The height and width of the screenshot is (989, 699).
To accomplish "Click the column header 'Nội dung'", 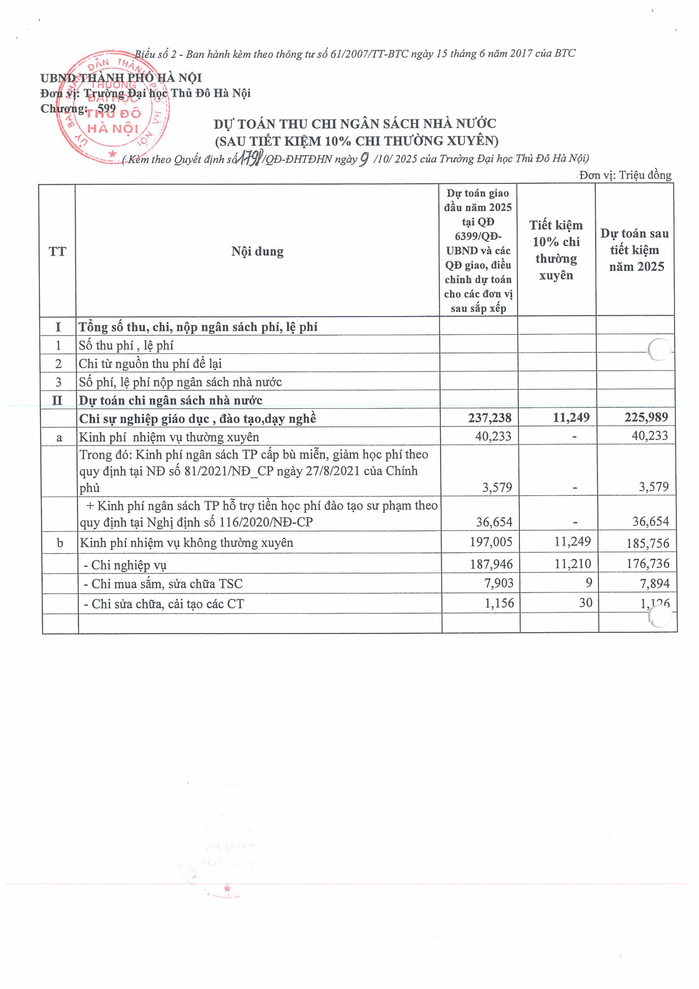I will pyautogui.click(x=257, y=251).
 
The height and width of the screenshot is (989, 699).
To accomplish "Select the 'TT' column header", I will pyautogui.click(x=57, y=251).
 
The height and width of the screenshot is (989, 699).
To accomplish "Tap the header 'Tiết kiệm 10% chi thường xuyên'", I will pyautogui.click(x=556, y=250).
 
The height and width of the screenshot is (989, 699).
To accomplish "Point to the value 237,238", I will pyautogui.click(x=490, y=417).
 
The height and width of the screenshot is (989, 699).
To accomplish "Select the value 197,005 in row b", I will pyautogui.click(x=491, y=542).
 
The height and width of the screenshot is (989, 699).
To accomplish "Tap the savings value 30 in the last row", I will pyautogui.click(x=585, y=603).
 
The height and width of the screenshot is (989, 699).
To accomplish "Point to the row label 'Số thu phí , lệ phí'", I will pyautogui.click(x=126, y=345).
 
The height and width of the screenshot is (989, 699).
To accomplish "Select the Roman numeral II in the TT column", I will pyautogui.click(x=57, y=400).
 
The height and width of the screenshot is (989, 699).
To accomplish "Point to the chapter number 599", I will pyautogui.click(x=107, y=108).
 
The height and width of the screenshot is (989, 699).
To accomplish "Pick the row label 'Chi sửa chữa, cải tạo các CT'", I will pyautogui.click(x=164, y=604).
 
